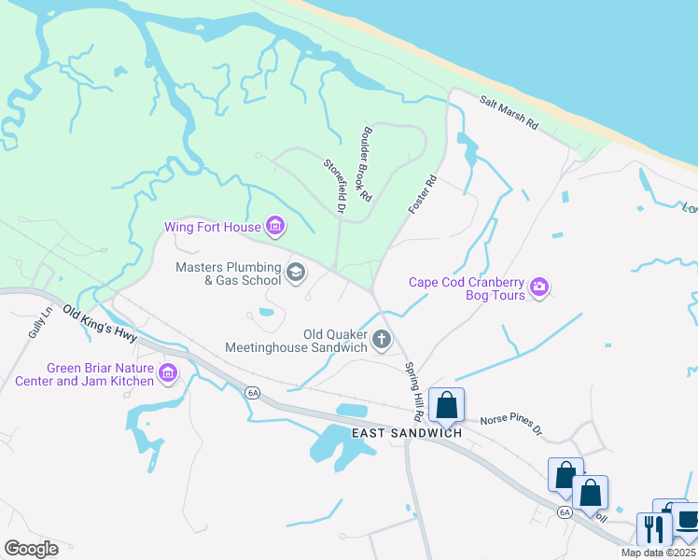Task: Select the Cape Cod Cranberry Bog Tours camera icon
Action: [x=539, y=288]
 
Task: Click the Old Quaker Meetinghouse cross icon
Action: [x=381, y=341]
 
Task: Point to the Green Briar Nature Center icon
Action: [x=168, y=374]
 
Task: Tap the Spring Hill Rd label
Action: [x=414, y=389]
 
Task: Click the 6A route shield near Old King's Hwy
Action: [x=253, y=393]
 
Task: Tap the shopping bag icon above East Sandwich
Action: [x=447, y=406]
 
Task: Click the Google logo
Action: [x=31, y=549]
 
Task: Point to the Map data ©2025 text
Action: [x=658, y=553]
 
